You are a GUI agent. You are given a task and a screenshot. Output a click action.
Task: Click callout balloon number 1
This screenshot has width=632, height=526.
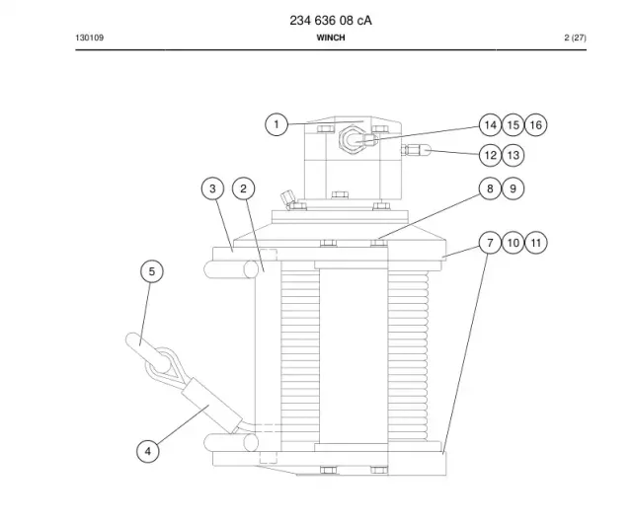click(276, 124)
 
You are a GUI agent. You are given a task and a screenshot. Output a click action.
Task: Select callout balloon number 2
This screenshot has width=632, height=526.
click(244, 188)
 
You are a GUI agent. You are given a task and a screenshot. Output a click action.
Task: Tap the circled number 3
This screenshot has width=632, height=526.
click(213, 188)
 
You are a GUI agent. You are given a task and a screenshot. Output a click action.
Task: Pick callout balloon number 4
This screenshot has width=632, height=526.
click(148, 451)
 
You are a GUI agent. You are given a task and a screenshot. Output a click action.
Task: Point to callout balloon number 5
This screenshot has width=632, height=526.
click(152, 271)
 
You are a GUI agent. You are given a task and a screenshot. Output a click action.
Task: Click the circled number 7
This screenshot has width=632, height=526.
click(490, 243)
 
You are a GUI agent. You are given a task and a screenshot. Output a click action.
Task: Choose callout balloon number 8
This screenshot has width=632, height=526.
click(490, 188)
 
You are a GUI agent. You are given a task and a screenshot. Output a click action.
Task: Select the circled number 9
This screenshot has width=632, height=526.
click(513, 188)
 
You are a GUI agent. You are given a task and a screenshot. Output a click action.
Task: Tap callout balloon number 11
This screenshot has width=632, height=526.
click(536, 243)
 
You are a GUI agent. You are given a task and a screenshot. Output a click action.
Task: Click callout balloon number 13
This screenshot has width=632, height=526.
click(513, 156)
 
